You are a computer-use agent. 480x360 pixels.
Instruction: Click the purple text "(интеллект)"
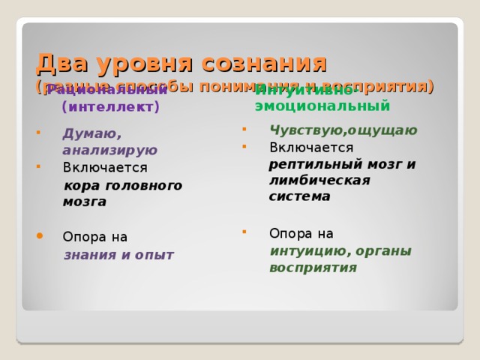(x=111, y=107)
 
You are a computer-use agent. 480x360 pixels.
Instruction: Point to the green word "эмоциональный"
(x=322, y=105)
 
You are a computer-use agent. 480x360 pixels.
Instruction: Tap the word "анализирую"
(x=110, y=150)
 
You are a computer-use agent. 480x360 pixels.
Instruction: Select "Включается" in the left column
(x=105, y=167)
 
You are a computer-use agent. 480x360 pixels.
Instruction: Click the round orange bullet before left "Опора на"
(x=40, y=235)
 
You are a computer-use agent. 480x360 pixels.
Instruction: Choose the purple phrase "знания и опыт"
(x=118, y=254)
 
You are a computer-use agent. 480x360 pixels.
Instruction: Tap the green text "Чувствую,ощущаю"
(x=343, y=130)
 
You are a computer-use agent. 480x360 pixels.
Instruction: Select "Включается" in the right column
(x=311, y=146)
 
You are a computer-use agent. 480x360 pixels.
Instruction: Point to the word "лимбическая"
(x=319, y=180)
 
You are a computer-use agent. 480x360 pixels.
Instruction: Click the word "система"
(x=300, y=196)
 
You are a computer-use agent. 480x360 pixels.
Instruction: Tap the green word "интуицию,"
(x=304, y=250)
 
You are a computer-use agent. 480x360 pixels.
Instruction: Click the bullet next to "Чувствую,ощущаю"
(x=244, y=128)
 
